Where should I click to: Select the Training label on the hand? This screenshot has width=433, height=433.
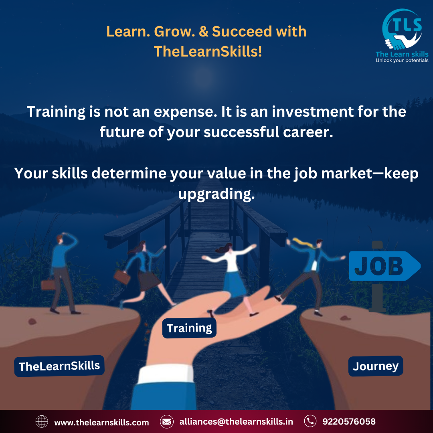tap(189, 328)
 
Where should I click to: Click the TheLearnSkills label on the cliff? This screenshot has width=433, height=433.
tap(59, 366)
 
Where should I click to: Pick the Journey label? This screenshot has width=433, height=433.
tap(376, 366)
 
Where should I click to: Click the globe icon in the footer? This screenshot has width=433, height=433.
tap(42, 422)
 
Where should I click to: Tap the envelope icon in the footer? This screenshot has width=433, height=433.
tap(167, 422)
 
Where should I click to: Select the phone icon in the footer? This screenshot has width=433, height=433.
tap(310, 421)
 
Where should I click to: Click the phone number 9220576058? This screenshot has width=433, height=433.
tap(349, 421)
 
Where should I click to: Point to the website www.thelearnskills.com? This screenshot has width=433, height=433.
tap(101, 422)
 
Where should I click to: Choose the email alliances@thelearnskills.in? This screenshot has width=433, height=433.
tap(236, 421)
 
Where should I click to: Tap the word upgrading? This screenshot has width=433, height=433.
tap(216, 194)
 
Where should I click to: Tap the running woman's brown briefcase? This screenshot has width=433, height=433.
tap(122, 277)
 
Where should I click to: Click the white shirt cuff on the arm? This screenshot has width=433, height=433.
tap(166, 374)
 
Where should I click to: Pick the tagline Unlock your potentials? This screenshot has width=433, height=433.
tap(402, 61)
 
